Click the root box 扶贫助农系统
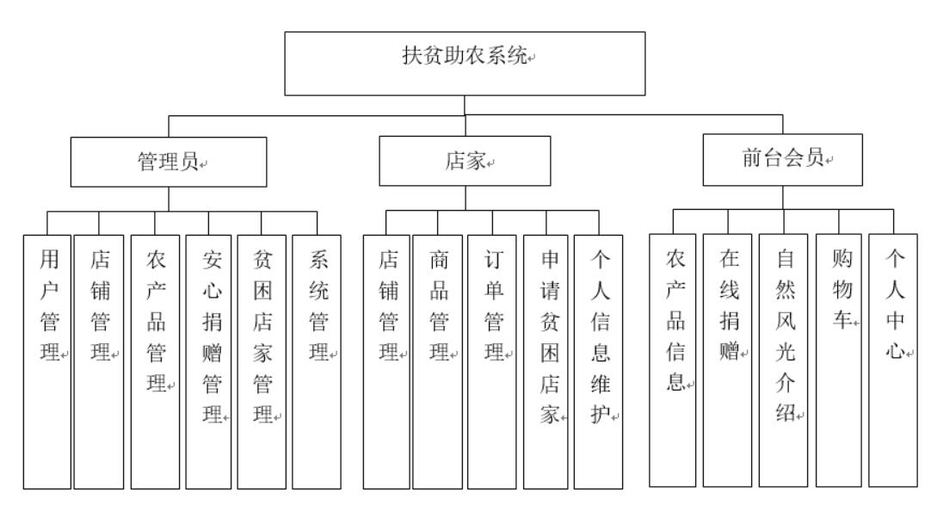click(x=465, y=62)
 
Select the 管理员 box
click(x=169, y=161)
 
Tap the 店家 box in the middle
click(x=465, y=161)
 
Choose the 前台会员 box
click(x=782, y=160)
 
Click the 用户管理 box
click(x=47, y=361)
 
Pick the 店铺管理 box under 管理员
click(x=98, y=361)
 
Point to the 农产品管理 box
click(x=155, y=361)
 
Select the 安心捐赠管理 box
click(x=210, y=361)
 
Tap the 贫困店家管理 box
click(x=262, y=361)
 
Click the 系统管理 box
click(x=317, y=361)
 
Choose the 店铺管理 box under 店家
click(x=386, y=361)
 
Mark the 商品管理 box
click(x=437, y=361)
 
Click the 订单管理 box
click(x=493, y=361)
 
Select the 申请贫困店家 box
click(x=547, y=361)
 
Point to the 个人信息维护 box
click(x=599, y=361)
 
